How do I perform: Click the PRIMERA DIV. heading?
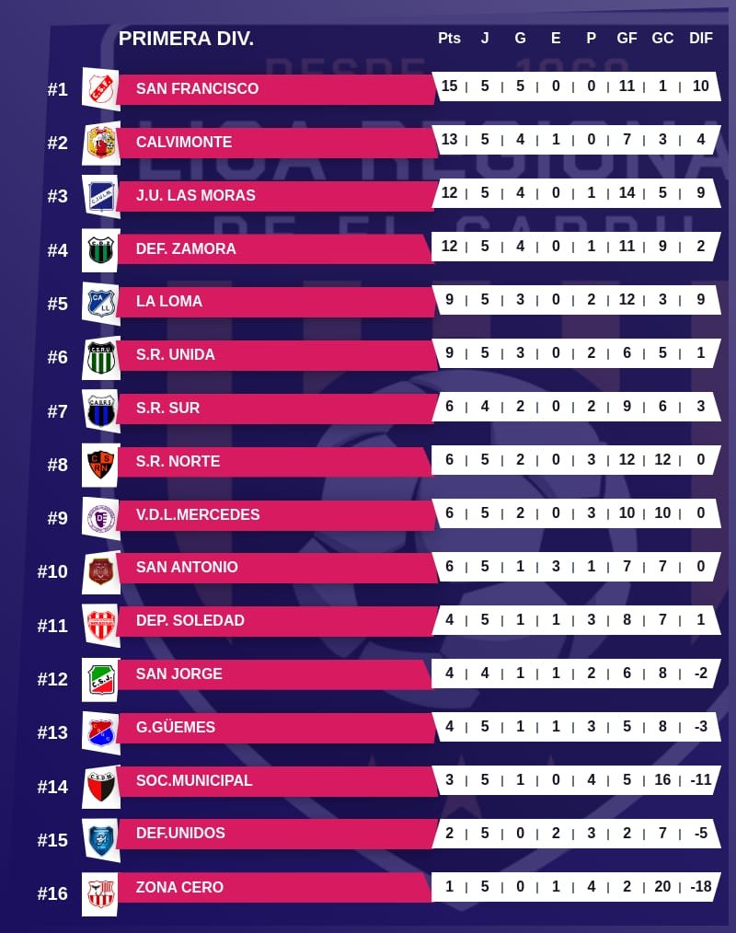click(186, 39)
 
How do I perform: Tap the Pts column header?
click(449, 39)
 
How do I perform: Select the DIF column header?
click(701, 39)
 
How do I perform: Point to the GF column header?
click(627, 39)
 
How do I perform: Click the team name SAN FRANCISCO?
click(197, 88)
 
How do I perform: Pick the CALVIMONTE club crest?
click(100, 142)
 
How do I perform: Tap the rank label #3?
click(57, 196)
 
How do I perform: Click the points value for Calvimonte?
click(449, 140)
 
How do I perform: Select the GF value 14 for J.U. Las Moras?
click(627, 193)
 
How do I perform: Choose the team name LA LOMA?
click(168, 301)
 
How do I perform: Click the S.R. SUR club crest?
click(100, 409)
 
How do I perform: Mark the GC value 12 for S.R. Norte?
click(662, 460)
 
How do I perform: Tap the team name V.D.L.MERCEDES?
click(198, 514)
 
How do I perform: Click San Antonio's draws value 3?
click(556, 567)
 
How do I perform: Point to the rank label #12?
click(52, 679)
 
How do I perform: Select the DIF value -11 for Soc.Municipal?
click(701, 779)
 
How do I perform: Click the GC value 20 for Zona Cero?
click(662, 886)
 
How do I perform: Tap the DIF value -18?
click(701, 886)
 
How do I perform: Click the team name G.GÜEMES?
click(175, 727)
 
